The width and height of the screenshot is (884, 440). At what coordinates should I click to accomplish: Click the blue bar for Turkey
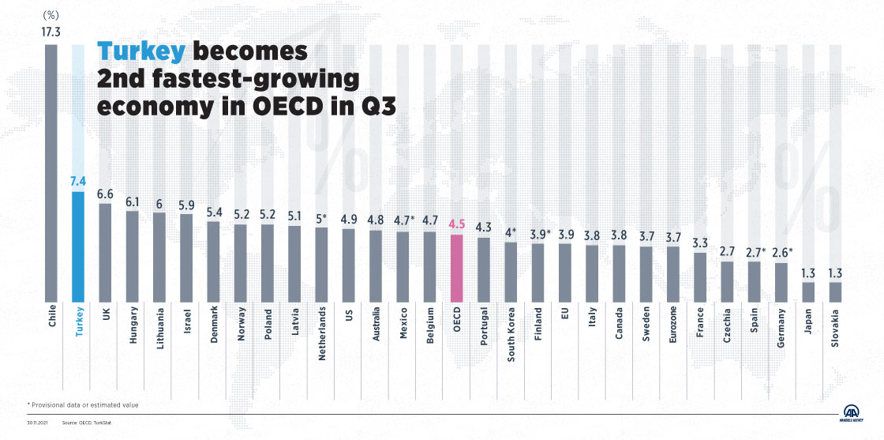(78, 246)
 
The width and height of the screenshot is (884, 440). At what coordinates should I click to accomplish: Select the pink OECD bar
(456, 268)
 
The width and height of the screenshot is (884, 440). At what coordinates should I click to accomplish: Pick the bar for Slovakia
(835, 292)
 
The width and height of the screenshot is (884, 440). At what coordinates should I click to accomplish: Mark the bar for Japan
(808, 292)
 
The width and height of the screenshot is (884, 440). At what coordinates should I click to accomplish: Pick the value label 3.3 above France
(699, 243)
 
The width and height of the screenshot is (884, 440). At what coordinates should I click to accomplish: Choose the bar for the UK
(105, 253)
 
